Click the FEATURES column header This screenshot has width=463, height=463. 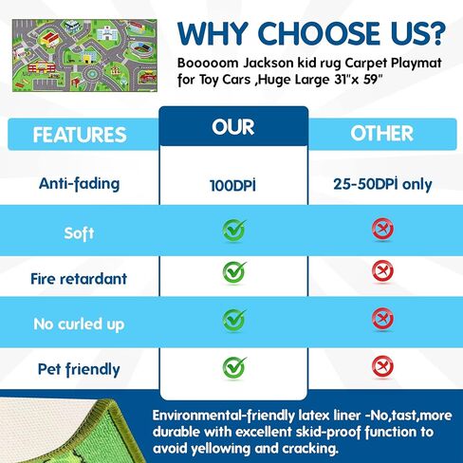80,135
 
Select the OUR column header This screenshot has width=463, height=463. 233,127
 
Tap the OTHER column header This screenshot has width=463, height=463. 382,133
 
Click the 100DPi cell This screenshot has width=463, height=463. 232,185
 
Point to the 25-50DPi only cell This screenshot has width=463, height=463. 382,184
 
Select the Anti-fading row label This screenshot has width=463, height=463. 80,184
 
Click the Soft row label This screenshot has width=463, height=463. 79,233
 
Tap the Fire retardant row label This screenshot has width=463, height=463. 79,279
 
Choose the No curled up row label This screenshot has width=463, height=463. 79,324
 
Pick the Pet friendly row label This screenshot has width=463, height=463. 79,369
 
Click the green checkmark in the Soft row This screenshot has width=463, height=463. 234,230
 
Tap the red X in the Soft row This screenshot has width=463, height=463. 382,229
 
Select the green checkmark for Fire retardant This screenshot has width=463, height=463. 234,272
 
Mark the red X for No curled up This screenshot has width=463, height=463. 382,318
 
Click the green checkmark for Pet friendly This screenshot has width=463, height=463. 234,367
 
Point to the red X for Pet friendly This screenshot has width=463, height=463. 382,366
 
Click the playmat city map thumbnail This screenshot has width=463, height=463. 84,55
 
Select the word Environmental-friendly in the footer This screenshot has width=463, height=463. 223,416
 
